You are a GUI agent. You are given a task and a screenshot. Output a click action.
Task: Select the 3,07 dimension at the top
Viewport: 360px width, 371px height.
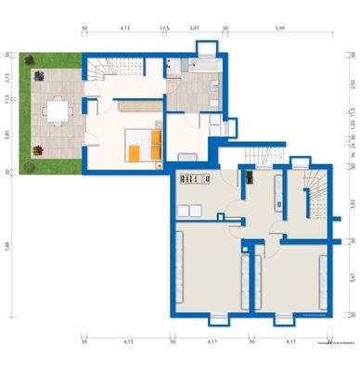click(194, 29)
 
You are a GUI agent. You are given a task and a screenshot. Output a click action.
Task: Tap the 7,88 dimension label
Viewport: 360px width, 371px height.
click(8, 245)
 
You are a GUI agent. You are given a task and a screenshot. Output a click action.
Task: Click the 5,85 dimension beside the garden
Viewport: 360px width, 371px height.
click(8, 134)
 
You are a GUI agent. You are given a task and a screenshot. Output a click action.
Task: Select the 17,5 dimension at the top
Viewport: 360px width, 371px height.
click(164, 29)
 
